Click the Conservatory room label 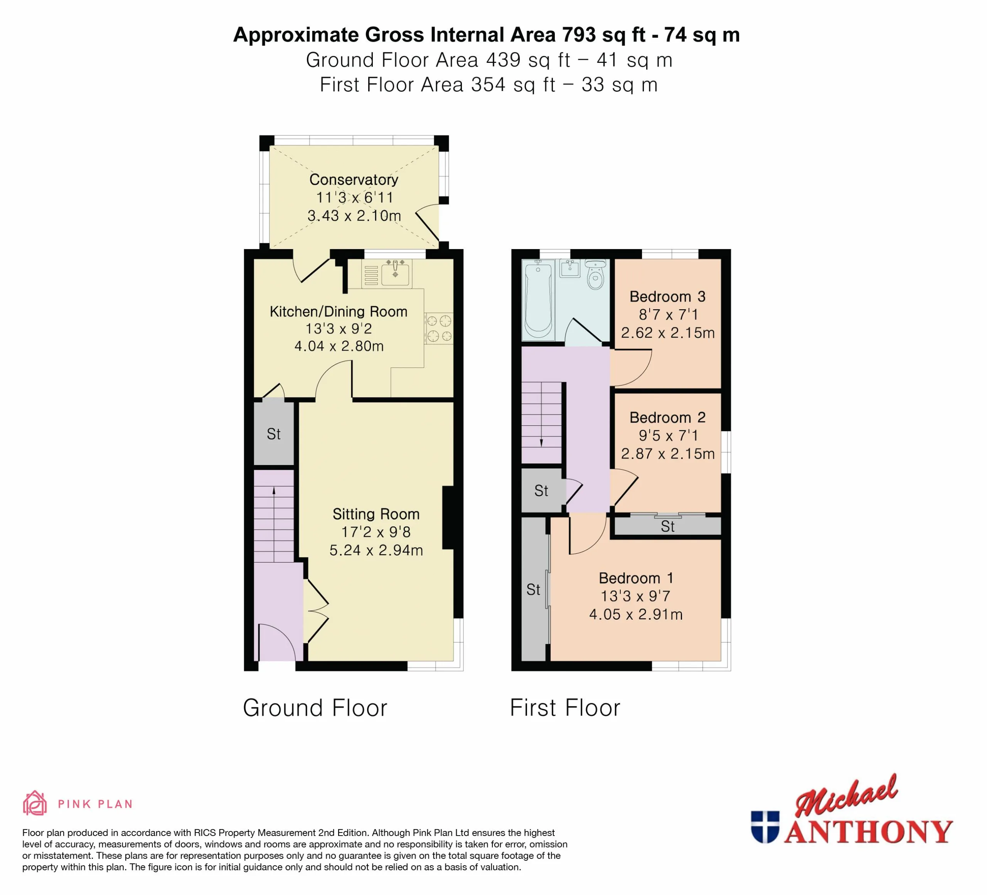coord(354,180)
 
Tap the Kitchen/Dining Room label coord(338,312)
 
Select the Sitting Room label coord(376,514)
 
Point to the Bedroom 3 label coord(667,297)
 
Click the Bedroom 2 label coord(667,418)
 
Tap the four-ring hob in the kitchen coord(439,329)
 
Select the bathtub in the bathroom coord(539,300)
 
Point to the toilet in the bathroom coord(595,275)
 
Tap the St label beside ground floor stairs coord(274,434)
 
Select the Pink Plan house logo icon coord(35,804)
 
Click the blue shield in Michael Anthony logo coord(765,827)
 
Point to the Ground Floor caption coord(315,708)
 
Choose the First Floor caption coord(565,708)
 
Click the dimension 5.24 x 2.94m coord(376,550)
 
